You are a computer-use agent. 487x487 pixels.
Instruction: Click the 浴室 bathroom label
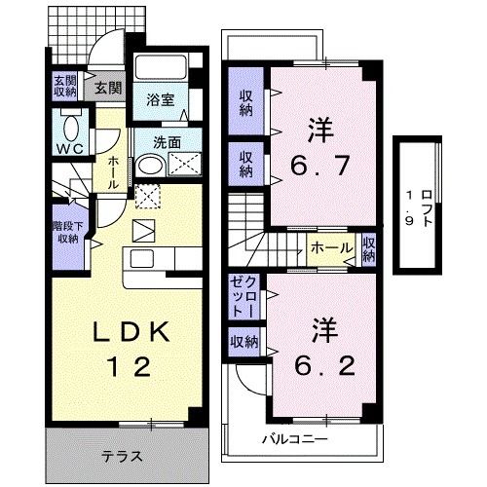coord(160,99)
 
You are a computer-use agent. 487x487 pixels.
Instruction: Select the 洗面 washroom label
coord(167,141)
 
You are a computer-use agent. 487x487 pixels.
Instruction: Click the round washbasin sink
coord(148,167)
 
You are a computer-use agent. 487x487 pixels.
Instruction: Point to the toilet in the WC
coord(71,128)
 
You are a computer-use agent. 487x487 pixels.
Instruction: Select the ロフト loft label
coord(417,206)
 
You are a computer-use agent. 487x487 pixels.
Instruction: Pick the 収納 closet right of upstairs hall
coord(368,249)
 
